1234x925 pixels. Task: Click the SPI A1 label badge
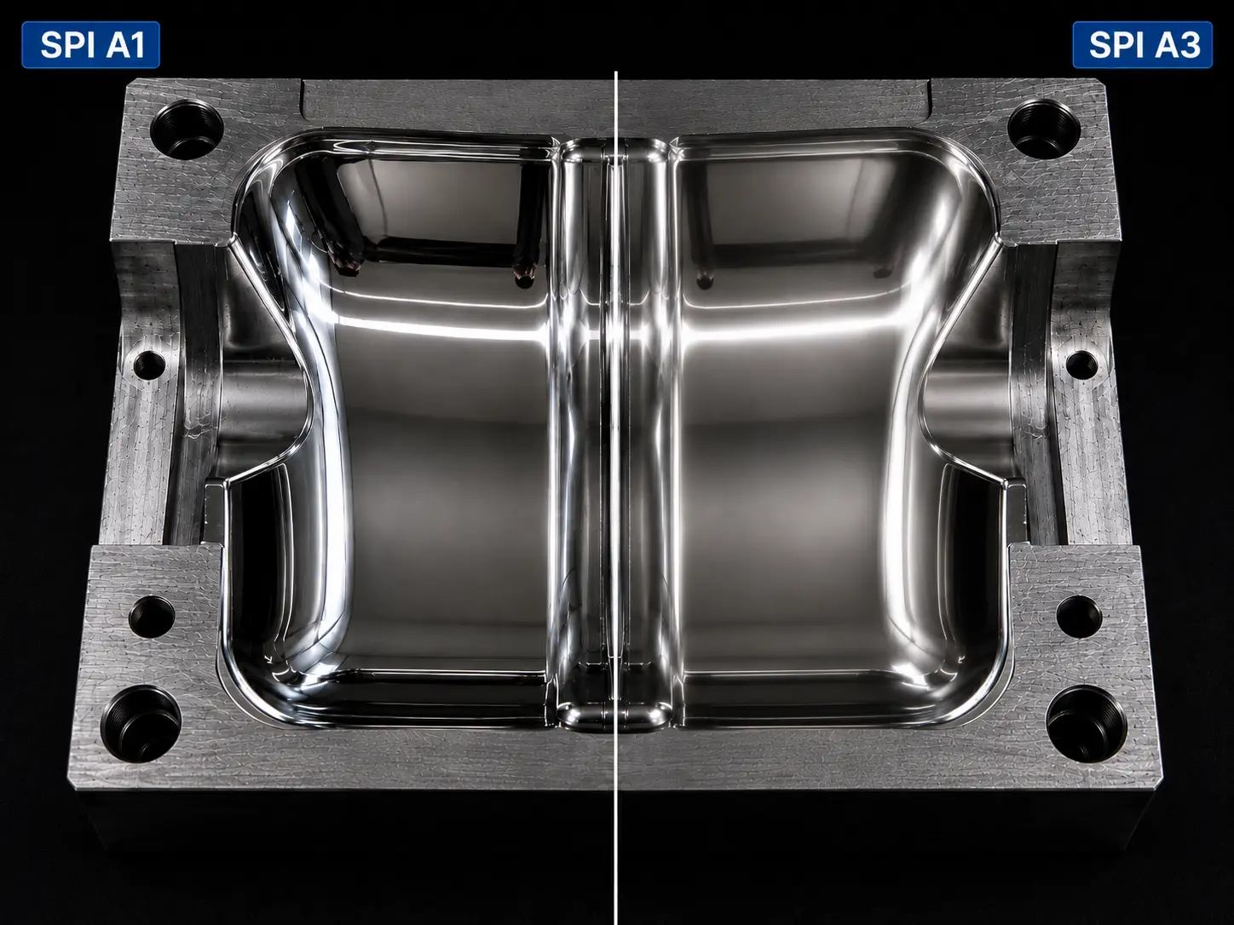pos(90,45)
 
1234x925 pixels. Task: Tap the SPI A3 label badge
pos(1142,45)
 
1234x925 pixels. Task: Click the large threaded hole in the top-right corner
pos(1044,128)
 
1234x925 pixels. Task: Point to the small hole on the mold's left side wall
pos(149,365)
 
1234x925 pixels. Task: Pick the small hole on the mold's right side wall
pos(1081,364)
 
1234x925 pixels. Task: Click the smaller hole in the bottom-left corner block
pos(152,617)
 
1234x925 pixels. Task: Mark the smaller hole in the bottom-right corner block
pos(1079,617)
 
